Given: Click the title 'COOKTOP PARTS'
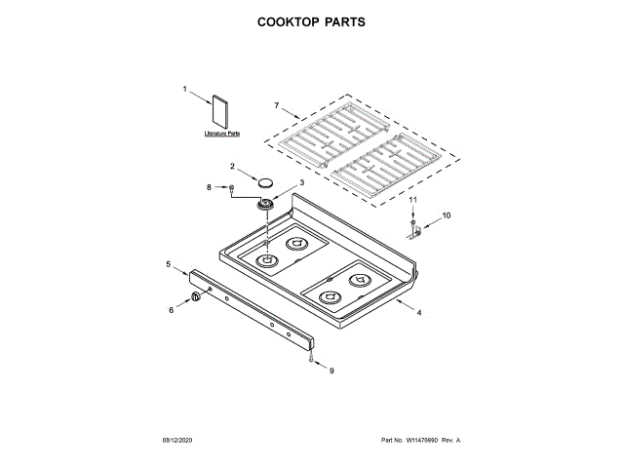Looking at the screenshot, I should pyautogui.click(x=311, y=20).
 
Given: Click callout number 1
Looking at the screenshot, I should pyautogui.click(x=184, y=90).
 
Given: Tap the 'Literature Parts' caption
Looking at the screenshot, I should pyautogui.click(x=222, y=133).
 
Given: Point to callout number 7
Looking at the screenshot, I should pyautogui.click(x=276, y=104).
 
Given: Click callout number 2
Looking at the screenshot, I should pyautogui.click(x=233, y=167).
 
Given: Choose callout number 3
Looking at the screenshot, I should pyautogui.click(x=300, y=182).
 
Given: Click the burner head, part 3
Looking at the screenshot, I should pyautogui.click(x=265, y=204).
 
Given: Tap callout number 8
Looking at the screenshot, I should pyautogui.click(x=208, y=185).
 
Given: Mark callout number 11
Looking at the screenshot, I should pyautogui.click(x=412, y=199).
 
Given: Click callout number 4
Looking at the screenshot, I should pyautogui.click(x=419, y=312).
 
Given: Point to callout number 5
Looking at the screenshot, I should pyautogui.click(x=169, y=264).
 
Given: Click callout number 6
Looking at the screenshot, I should pyautogui.click(x=172, y=310).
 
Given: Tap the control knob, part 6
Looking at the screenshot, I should pyautogui.click(x=196, y=296).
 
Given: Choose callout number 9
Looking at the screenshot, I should pyautogui.click(x=330, y=370).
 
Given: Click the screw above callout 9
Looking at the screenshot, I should pyautogui.click(x=310, y=359).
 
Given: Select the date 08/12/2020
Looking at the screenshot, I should pyautogui.click(x=178, y=442).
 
